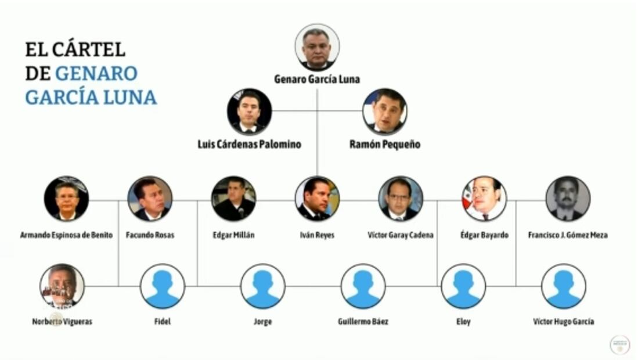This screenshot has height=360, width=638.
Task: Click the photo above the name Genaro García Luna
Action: tap(317, 48)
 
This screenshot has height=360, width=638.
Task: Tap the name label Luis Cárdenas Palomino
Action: tap(250, 145)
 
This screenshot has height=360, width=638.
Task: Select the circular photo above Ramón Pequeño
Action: tap(384, 111)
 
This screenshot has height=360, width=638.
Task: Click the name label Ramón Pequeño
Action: tap(385, 145)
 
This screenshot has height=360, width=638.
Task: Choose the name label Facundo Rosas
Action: tap(150, 235)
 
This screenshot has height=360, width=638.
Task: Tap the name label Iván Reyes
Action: tap(317, 235)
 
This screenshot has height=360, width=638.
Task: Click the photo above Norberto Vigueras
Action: tap(62, 286)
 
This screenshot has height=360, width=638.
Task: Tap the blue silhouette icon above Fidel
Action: tap(163, 286)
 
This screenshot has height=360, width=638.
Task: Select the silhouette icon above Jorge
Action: tap(263, 286)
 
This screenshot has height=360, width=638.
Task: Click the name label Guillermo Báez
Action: tap(363, 322)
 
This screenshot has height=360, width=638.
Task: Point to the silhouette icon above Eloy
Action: tap(463, 286)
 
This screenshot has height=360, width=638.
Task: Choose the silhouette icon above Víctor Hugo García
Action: tap(564, 286)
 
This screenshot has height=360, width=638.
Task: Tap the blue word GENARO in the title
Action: tap(96, 74)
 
